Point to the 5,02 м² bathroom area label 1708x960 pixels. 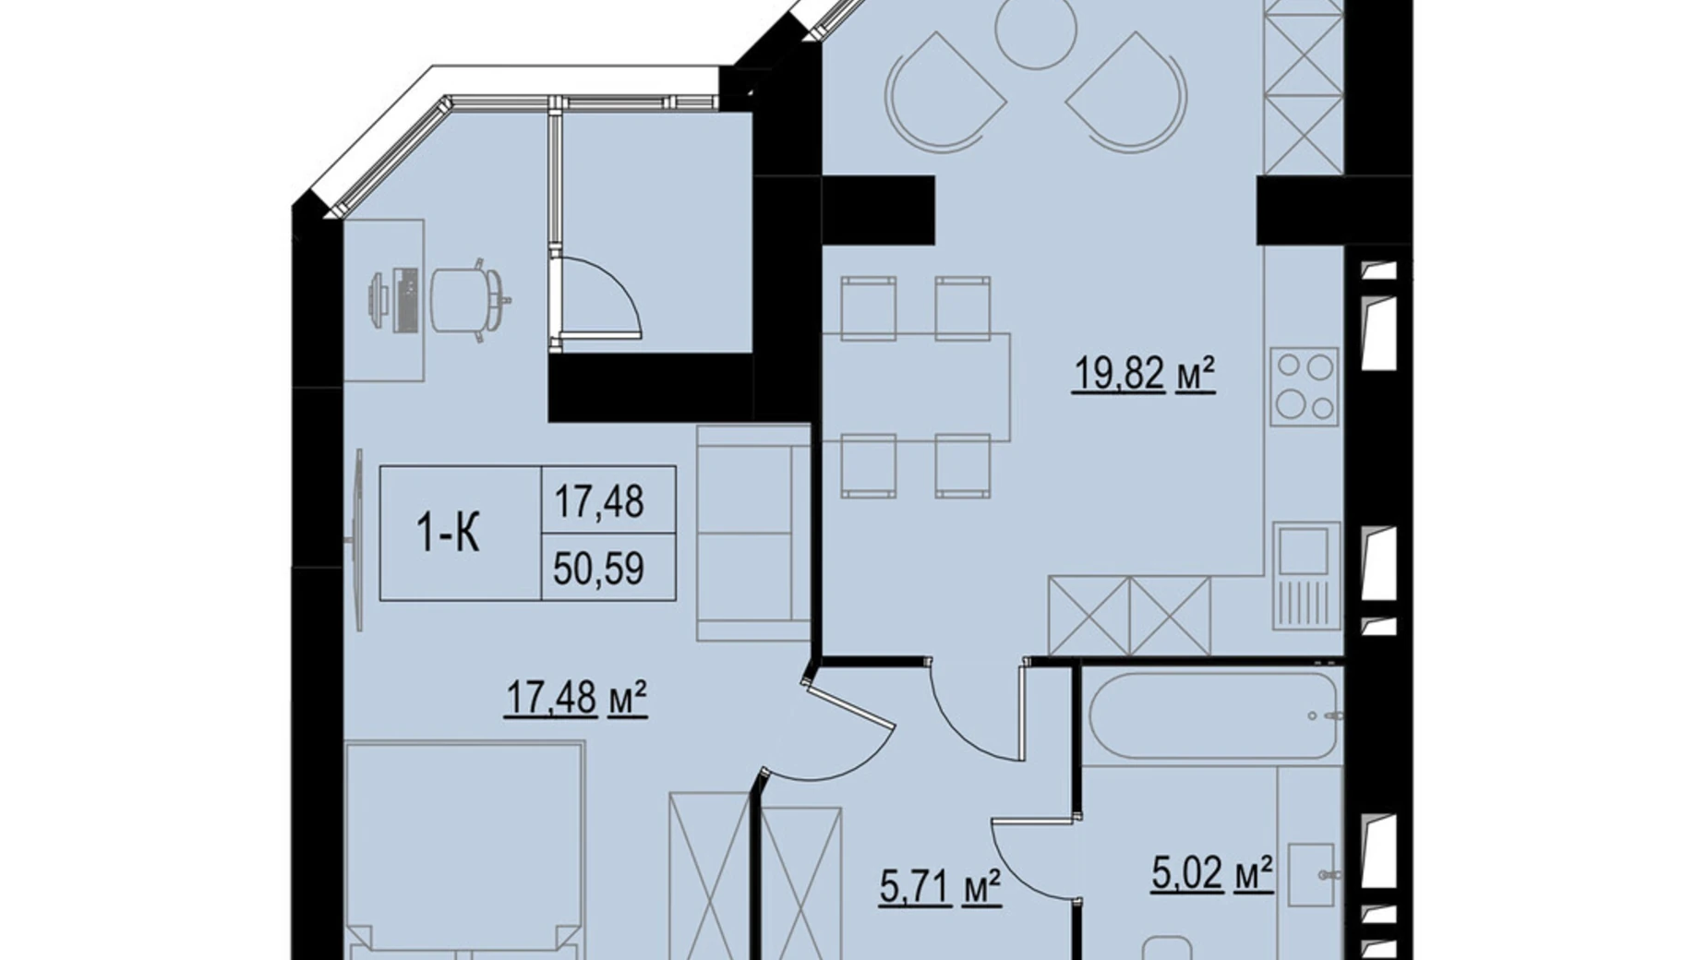(x=1212, y=873)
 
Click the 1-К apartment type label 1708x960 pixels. (x=449, y=534)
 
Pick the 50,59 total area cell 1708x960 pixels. (x=598, y=568)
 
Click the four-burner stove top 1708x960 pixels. (x=1304, y=386)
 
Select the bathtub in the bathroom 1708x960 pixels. (x=1212, y=715)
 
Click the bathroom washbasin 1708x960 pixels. (x=1311, y=874)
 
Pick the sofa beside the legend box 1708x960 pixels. (x=752, y=533)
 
